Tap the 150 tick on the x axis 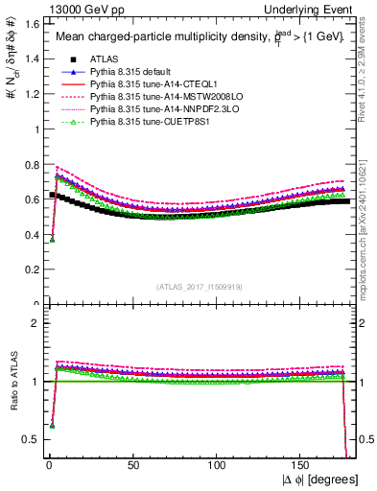tap(303, 467)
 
